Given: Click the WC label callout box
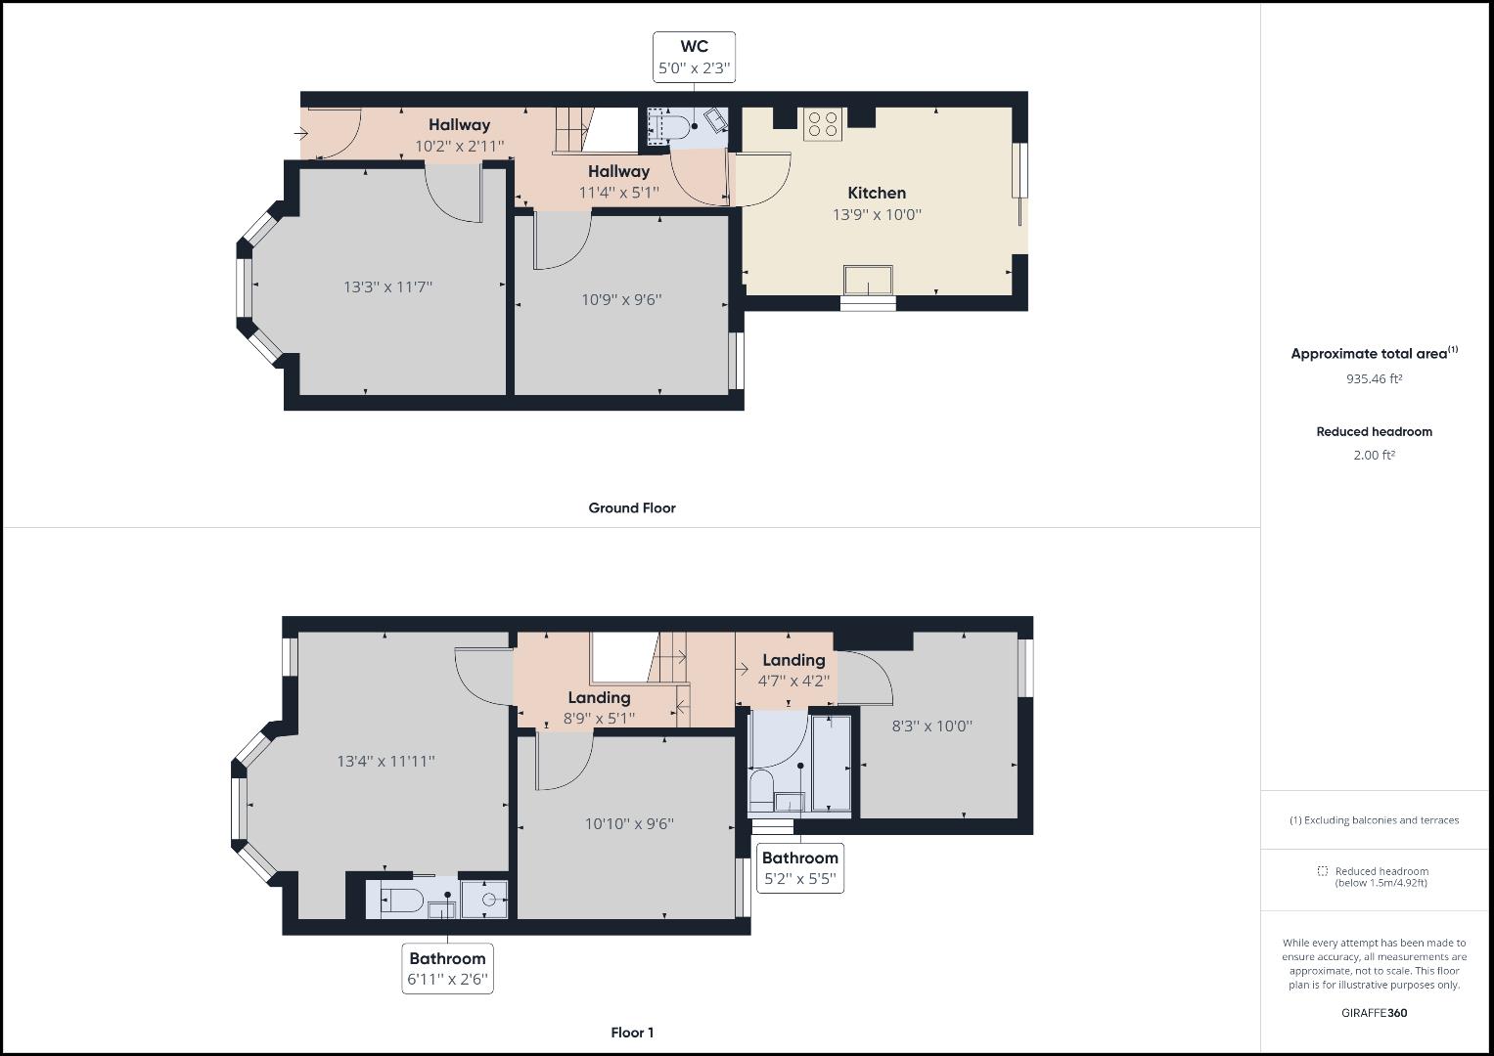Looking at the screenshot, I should coord(694,58).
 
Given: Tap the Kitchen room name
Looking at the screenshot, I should coord(877,193).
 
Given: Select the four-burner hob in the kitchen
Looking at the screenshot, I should coord(822,124).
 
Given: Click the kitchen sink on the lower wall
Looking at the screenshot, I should coord(869,280).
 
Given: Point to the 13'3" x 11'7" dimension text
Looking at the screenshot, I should coord(387,286).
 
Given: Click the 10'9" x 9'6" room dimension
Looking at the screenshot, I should coord(621,299).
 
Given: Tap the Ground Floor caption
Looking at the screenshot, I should coord(631,507).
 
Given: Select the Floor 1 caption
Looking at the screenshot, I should coord(631,1033).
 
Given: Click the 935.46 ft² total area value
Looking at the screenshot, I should coord(1374,378).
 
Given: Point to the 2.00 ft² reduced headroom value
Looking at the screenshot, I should coord(1374,455).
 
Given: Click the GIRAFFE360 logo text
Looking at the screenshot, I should coord(1374,1013).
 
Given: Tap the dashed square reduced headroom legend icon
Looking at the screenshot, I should coord(1322,871).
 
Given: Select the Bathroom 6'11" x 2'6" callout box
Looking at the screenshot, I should coord(447,968).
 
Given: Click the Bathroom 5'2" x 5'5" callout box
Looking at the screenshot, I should coord(799,867).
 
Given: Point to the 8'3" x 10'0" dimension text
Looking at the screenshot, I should coord(931,726).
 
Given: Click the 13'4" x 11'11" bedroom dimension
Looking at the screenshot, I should coord(385,761).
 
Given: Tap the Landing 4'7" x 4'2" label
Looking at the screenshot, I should coord(793,670).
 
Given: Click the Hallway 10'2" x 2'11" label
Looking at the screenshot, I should coord(459,135).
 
